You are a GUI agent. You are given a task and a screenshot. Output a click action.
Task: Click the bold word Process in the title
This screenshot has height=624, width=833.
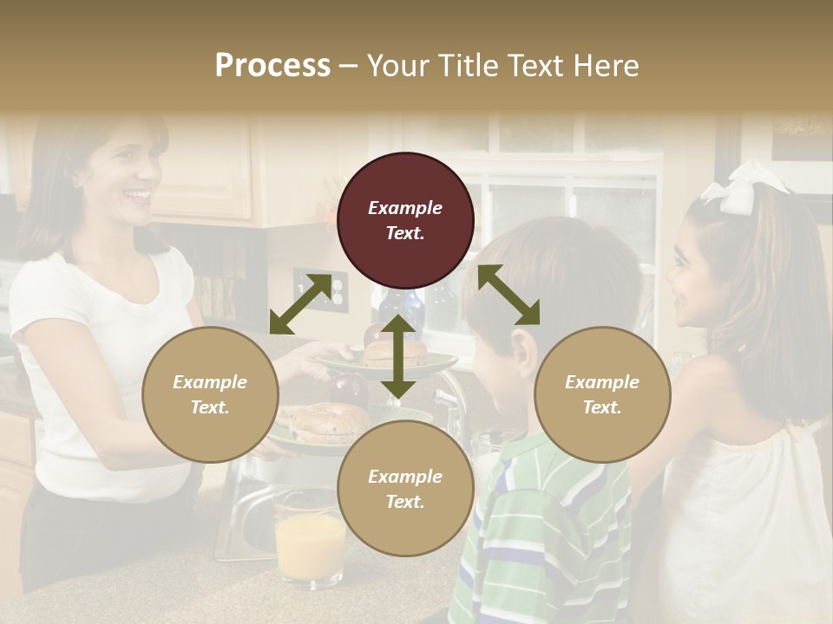tap(272, 66)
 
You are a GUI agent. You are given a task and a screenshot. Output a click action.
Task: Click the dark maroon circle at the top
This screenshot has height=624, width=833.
tap(405, 220)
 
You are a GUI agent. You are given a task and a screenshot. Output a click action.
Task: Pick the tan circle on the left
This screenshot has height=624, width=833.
tap(210, 394)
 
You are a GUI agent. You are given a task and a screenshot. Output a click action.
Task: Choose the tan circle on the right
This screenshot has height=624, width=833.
tap(602, 394)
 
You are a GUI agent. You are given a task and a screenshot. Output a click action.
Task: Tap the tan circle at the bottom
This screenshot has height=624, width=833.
tap(405, 488)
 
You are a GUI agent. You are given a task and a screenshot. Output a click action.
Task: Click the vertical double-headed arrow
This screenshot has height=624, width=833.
tap(397, 356)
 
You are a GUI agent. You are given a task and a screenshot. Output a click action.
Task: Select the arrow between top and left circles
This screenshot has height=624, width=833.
tap(300, 303)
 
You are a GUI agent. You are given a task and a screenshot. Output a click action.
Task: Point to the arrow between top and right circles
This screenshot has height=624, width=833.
tap(508, 295)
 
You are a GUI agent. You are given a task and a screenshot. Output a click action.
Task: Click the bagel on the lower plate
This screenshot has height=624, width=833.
tap(325, 420)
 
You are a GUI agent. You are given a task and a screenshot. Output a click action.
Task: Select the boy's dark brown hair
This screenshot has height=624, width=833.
tap(555, 277)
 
